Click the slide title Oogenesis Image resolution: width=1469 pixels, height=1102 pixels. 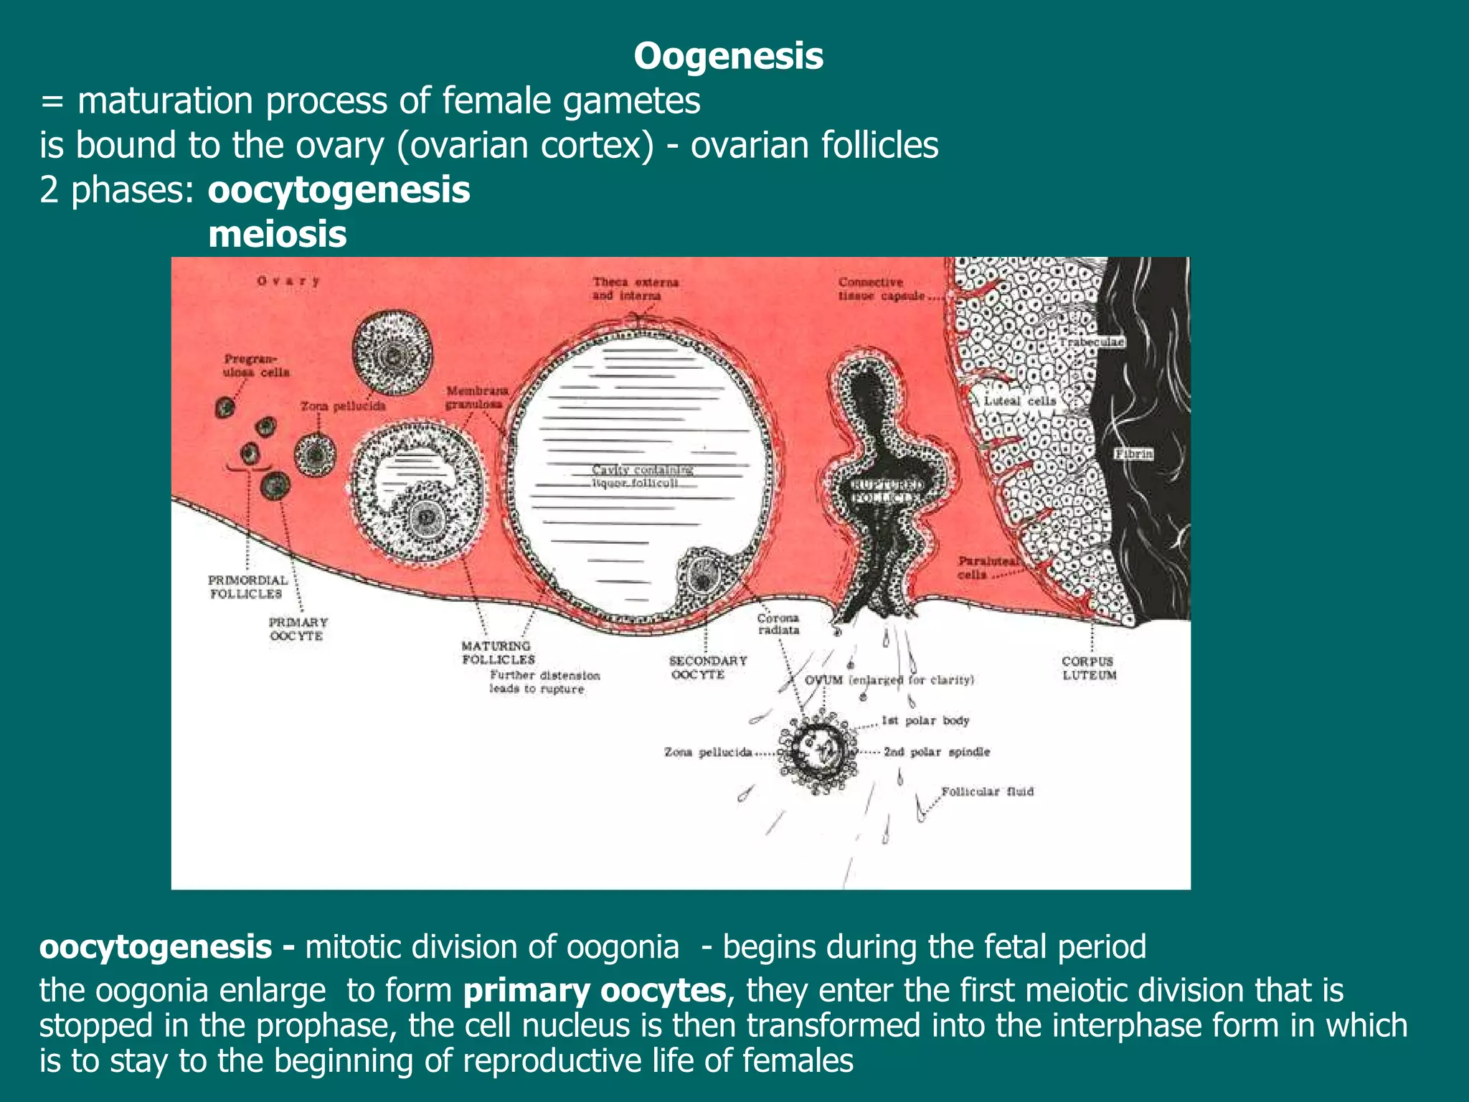(728, 56)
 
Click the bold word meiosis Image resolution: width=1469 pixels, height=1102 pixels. (278, 235)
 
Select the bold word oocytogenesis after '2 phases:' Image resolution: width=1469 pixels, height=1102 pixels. (339, 190)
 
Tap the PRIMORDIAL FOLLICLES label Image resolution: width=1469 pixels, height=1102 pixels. (247, 587)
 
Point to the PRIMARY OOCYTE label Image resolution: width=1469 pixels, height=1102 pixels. (298, 629)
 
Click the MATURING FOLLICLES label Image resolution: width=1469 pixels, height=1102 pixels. (498, 653)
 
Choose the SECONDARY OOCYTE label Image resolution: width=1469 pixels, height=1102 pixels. (707, 667)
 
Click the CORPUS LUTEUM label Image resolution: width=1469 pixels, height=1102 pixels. (1089, 668)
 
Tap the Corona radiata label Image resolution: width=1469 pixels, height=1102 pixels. (778, 623)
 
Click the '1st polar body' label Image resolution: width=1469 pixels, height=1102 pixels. (925, 720)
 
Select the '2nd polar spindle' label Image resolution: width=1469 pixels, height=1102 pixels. (936, 752)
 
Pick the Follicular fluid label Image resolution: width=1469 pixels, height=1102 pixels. (987, 791)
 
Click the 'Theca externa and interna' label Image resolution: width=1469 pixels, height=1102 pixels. (635, 288)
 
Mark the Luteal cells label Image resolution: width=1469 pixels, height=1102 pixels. (1019, 401)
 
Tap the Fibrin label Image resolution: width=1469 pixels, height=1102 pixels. (1133, 453)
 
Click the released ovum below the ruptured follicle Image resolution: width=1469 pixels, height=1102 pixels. (819, 753)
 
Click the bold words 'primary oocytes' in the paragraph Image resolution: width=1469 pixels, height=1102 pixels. (595, 991)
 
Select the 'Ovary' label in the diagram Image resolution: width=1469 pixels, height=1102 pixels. (288, 281)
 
